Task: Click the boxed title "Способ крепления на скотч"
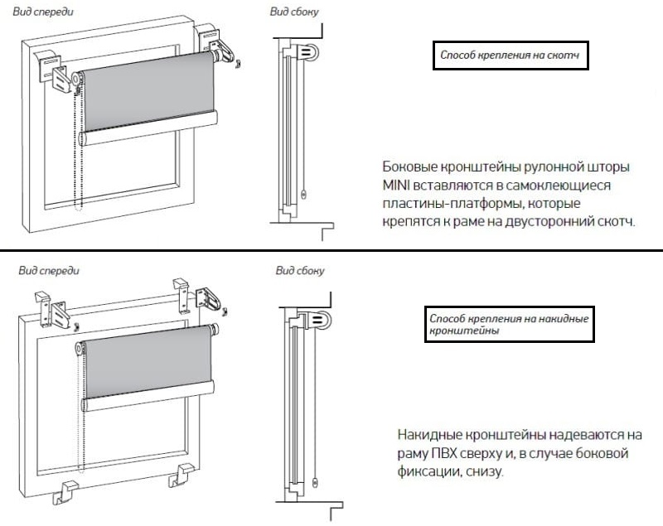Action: pyautogui.click(x=510, y=55)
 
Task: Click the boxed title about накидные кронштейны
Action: pyautogui.click(x=509, y=324)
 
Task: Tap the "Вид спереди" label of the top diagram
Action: pyautogui.click(x=43, y=12)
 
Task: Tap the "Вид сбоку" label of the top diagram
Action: pyautogui.click(x=294, y=12)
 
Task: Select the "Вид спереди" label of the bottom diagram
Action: pyautogui.click(x=49, y=270)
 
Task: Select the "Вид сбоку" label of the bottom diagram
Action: pyautogui.click(x=300, y=270)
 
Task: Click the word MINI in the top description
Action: pyautogui.click(x=395, y=186)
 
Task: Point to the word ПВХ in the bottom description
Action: pyautogui.click(x=444, y=454)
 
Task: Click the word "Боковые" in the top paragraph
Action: pyautogui.click(x=409, y=166)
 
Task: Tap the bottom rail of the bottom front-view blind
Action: pyautogui.click(x=148, y=396)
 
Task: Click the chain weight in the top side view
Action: pyautogui.click(x=304, y=195)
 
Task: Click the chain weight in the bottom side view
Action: pyautogui.click(x=315, y=482)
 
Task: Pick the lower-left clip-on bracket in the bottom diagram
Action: pyautogui.click(x=65, y=492)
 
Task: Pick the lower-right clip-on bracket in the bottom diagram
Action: pyautogui.click(x=182, y=475)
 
